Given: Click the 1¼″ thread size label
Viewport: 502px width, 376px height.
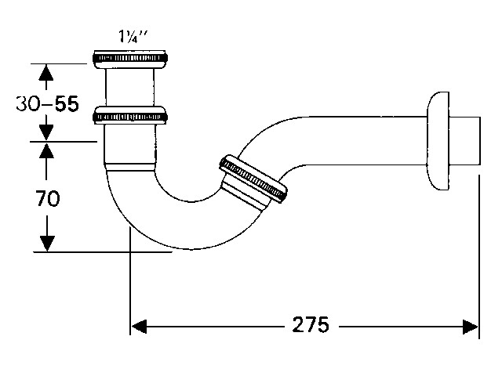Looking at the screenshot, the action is [133, 37].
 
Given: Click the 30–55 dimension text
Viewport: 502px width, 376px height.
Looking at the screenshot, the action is [47, 103].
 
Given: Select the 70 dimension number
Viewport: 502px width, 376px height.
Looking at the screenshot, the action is [47, 198].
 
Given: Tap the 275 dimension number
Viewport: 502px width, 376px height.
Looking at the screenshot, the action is [311, 325].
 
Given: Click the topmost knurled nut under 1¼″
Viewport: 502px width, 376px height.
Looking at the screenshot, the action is [130, 59].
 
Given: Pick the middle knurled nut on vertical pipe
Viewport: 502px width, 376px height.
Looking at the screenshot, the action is [130, 115].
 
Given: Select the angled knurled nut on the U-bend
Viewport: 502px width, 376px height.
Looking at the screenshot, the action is [253, 179].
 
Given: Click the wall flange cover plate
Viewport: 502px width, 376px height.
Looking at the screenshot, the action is [438, 141].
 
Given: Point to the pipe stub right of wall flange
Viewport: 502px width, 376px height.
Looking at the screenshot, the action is [465, 141].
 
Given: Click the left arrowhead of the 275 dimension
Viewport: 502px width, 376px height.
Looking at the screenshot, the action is [139, 327].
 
